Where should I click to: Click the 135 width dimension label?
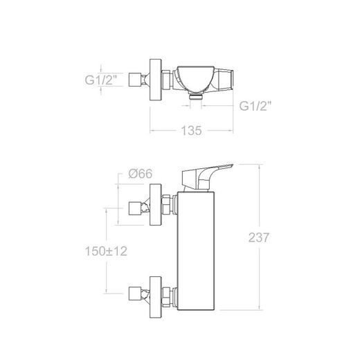(191, 131)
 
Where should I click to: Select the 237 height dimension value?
(259, 237)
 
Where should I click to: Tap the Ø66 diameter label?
(141, 174)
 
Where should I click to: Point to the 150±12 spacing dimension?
(106, 251)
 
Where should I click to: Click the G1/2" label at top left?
(101, 80)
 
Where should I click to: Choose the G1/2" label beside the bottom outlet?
(255, 106)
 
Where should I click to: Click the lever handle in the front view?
(207, 177)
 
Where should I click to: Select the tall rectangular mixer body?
(196, 251)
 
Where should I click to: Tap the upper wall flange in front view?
(156, 205)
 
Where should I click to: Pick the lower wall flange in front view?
(156, 297)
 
